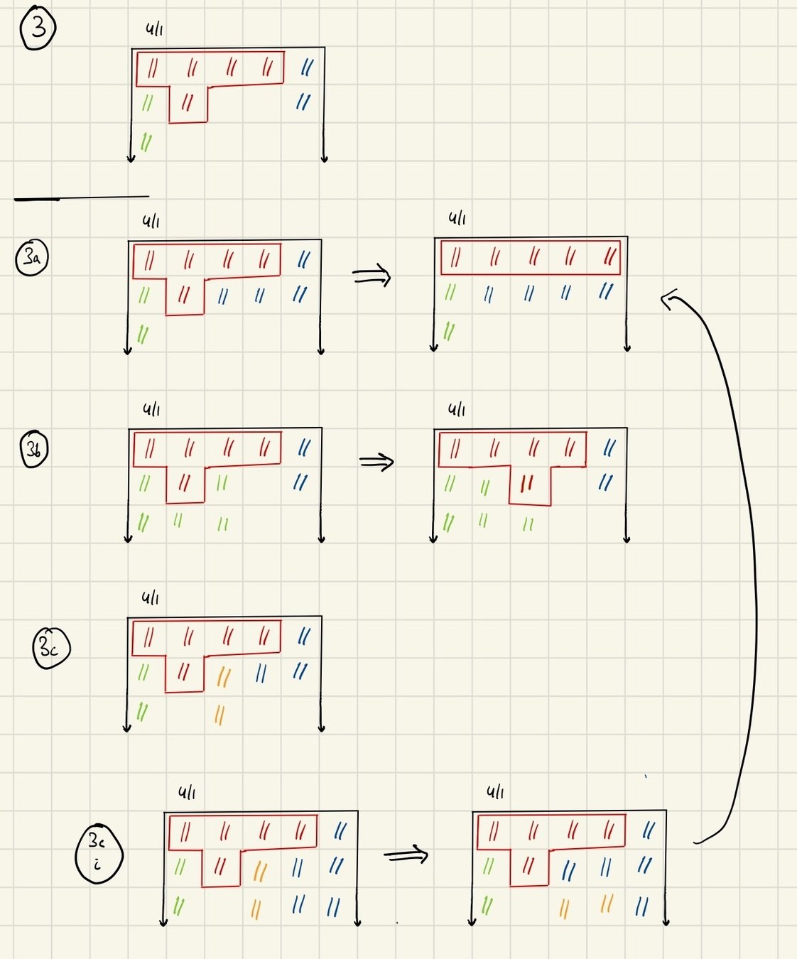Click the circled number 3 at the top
pos(38,28)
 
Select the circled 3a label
pos(32,257)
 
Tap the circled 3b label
pos(34,449)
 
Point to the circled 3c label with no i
pos(51,648)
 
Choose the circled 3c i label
pos(99,853)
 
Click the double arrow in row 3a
pos(372,276)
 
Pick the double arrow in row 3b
pos(376,462)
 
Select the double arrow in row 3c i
pos(406,855)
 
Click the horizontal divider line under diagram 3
pos(82,197)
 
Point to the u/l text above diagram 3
pos(154,29)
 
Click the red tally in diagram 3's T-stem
pos(188,103)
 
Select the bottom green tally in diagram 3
pos(146,141)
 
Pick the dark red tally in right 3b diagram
pos(526,484)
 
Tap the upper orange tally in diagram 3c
pos(223,676)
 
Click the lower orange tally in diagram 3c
pos(219,715)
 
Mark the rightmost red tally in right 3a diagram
pos(609,256)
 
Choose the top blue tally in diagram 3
pos(307,67)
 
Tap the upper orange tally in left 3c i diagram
pos(260,872)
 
